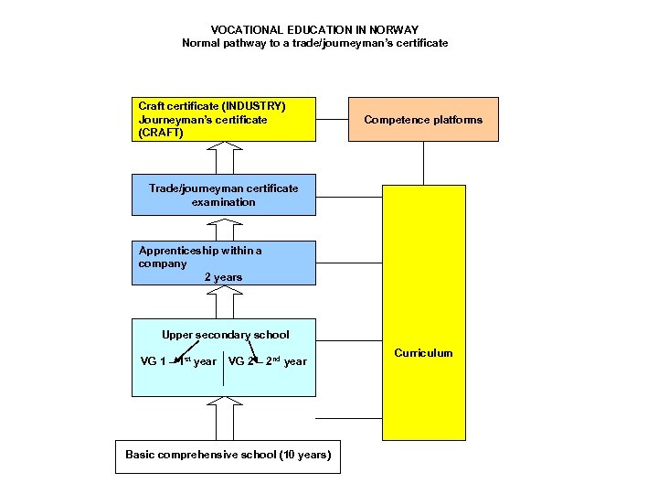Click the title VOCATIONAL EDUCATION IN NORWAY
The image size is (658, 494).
314,29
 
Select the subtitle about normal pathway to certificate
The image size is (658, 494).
314,43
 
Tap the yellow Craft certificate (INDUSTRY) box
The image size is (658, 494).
224,119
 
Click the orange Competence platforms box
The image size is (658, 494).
423,119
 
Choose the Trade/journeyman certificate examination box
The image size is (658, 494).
224,195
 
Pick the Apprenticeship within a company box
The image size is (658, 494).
224,263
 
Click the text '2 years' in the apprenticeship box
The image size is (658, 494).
223,277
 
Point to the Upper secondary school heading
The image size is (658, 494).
225,334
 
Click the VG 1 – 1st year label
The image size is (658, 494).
178,361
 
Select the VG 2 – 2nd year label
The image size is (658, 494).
268,361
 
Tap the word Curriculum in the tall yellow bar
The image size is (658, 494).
423,353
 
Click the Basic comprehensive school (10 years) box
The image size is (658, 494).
228,455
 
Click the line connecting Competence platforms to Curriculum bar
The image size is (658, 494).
423,163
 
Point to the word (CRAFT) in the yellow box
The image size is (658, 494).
161,133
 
